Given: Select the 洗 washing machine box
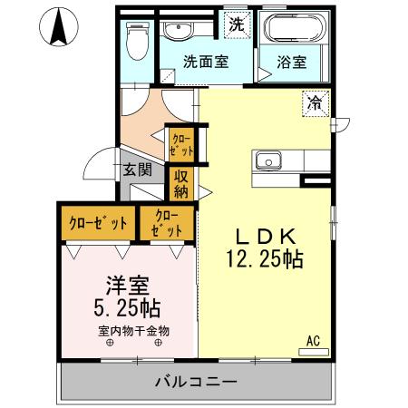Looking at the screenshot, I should coord(236,24).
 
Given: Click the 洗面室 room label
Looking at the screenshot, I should coord(205,63).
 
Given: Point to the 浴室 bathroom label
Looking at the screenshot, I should coord(291,63).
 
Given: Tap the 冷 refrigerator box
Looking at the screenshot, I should coord(314,103).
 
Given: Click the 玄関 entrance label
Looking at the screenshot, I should coord(138,169).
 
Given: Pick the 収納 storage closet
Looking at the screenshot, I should coord(181,184).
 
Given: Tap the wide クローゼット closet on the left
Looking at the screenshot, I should coord(98,223).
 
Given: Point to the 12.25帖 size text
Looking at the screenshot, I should coord(264,259).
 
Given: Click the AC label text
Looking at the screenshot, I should coord(313,341).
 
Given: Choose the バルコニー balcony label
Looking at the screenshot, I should coord(195,380).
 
